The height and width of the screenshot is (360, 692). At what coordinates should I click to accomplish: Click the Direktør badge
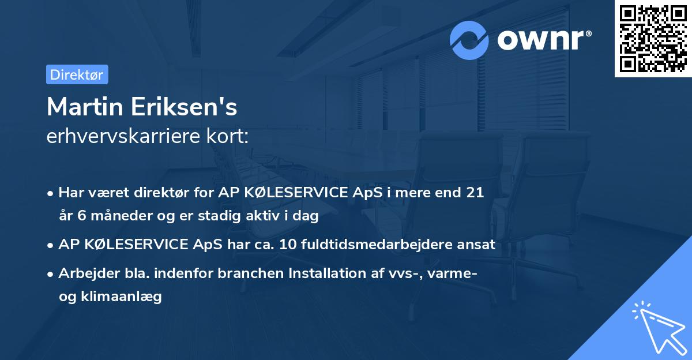(77, 74)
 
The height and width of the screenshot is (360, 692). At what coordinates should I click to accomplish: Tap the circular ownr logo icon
(470, 40)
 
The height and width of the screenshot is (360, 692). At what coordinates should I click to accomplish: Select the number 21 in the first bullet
(475, 193)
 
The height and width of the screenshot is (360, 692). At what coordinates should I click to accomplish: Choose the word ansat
(477, 245)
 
